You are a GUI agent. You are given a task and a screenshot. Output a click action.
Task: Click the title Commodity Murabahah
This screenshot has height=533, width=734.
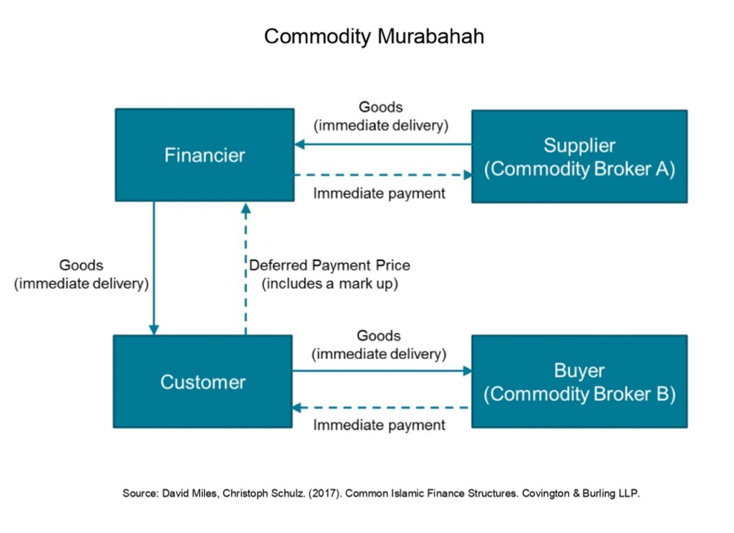(x=373, y=36)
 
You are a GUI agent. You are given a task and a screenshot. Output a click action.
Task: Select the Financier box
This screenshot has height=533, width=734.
(x=204, y=155)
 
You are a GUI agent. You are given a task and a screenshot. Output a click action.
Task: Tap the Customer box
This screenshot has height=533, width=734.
(x=203, y=382)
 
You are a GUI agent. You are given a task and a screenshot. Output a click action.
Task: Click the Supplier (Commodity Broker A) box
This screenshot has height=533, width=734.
(x=579, y=157)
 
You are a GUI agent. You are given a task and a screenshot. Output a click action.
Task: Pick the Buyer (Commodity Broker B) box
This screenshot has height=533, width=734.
(x=579, y=382)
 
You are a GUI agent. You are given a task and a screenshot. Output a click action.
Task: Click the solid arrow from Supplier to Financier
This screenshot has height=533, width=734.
(x=383, y=144)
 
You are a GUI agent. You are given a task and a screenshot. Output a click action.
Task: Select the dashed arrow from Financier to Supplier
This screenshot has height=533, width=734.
(x=383, y=175)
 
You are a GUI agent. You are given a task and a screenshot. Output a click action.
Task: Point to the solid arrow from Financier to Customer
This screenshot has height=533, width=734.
(x=154, y=267)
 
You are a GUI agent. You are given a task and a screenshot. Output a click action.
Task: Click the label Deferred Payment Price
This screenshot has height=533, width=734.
(x=330, y=265)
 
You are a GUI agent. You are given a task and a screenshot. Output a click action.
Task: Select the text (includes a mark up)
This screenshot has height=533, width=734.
(x=330, y=283)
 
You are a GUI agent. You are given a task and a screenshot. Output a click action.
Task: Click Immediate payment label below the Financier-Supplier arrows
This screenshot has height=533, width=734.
(x=379, y=193)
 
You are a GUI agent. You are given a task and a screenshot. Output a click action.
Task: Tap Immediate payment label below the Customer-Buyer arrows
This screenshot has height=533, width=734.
(x=379, y=426)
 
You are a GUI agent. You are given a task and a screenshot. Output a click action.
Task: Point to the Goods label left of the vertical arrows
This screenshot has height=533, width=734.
(x=81, y=265)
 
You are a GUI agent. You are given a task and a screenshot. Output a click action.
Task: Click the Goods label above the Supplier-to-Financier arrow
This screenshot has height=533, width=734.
(x=380, y=107)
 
